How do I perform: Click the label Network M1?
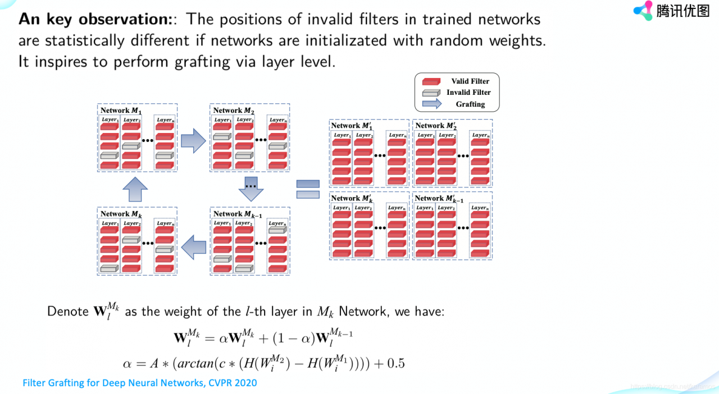coord(121,111)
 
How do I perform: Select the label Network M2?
coord(234,111)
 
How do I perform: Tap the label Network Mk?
coord(121,214)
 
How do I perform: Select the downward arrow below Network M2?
coord(251,189)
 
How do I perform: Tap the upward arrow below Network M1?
coord(135,189)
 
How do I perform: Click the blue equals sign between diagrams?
coord(308,189)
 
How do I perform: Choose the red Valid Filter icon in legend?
coord(431,81)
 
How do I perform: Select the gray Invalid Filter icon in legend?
coord(431,93)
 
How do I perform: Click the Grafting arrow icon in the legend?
coord(431,104)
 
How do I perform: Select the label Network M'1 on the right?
coord(353,126)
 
